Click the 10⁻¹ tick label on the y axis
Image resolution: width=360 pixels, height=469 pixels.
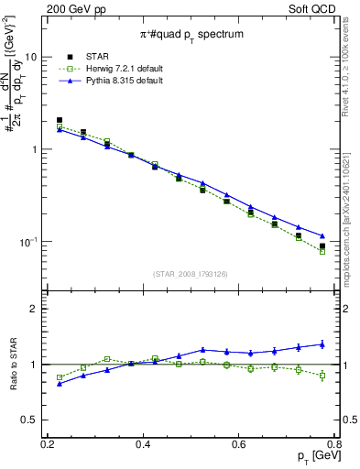point(26,242)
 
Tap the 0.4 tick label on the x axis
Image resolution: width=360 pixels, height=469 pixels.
point(143,445)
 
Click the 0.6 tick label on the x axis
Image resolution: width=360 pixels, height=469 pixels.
point(239,445)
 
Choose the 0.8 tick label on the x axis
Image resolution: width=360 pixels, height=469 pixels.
point(333,445)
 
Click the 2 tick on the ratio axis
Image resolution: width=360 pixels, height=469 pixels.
point(33,310)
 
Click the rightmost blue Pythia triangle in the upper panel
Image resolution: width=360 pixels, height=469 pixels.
point(322,236)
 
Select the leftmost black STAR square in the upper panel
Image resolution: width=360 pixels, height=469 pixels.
point(60,120)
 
